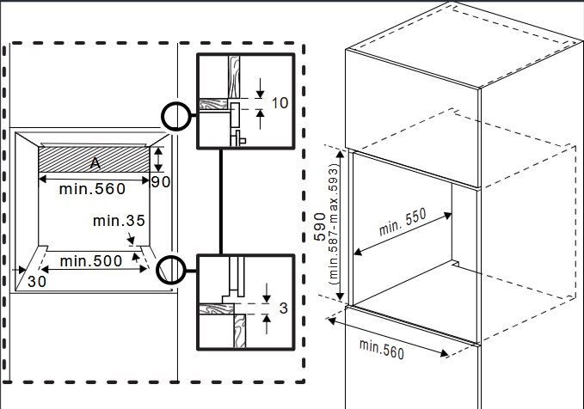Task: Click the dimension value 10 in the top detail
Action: pos(280,103)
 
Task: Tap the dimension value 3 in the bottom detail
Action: pos(284,308)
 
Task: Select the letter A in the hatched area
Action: pos(95,163)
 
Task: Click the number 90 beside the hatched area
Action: pos(161,181)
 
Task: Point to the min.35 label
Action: pos(119,221)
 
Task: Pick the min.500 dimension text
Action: pos(91,261)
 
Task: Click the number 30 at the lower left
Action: pos(37,282)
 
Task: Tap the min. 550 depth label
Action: pos(403,223)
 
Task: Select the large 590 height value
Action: pos(320,227)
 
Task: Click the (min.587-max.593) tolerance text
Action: pos(334,224)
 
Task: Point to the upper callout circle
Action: pos(176,116)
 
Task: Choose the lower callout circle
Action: pos(171,270)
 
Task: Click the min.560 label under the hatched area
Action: pos(92,189)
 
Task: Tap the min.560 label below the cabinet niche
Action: pos(382,350)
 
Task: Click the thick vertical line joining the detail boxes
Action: pos(221,201)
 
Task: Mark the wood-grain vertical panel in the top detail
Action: pos(234,77)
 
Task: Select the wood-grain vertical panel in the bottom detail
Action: pos(240,331)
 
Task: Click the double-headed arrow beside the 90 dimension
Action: pos(159,159)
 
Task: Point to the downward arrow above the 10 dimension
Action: pos(260,89)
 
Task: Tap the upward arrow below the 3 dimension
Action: pos(267,324)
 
